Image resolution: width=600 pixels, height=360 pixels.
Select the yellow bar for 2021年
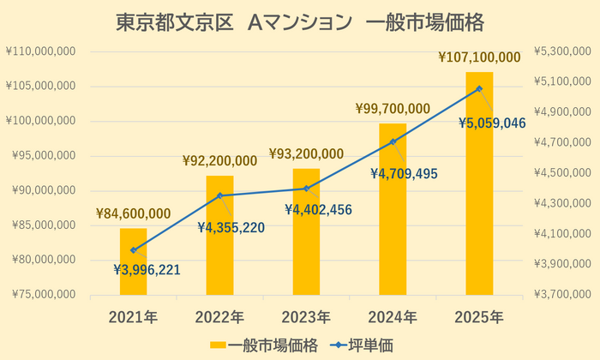coord(133,262)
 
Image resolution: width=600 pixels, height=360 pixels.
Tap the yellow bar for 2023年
coord(306,231)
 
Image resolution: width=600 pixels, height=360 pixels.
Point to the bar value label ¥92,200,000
coord(219,160)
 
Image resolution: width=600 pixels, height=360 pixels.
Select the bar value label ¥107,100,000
coord(479,58)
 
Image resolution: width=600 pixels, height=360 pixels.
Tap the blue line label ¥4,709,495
coord(405,174)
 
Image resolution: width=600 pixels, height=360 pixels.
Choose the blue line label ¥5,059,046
coord(491,123)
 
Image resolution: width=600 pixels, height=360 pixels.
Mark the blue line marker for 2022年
coord(219,195)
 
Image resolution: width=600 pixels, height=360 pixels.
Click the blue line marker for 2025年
coord(479,88)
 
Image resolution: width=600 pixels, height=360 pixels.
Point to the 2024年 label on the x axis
coord(393,317)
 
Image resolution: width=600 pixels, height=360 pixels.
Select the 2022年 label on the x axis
coord(219,317)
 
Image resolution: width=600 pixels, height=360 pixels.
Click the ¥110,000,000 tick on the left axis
coord(42,51)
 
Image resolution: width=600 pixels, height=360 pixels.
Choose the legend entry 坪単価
coord(378,345)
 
